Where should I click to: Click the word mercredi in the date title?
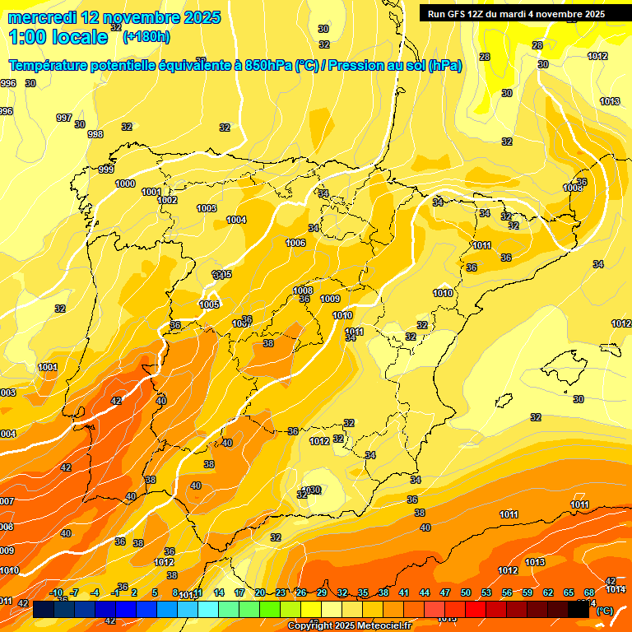tap(41, 17)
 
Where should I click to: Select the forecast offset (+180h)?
tap(146, 36)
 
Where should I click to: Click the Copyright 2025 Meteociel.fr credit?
tap(349, 626)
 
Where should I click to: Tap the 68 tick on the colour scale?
tap(589, 592)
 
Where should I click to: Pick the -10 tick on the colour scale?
tap(56, 592)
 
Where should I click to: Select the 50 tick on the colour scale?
tap(466, 592)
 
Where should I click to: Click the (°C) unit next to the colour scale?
tap(604, 611)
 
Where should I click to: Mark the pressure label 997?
tap(63, 118)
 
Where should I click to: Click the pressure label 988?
tap(95, 134)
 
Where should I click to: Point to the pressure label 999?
tap(106, 170)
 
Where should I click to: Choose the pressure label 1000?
tap(125, 184)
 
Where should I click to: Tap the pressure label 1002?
tap(167, 200)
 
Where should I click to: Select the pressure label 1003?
tap(207, 208)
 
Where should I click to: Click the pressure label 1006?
tap(295, 243)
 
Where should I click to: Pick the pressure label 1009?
tap(330, 299)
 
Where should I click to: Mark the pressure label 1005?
tap(209, 304)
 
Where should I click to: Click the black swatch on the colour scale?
tap(601, 610)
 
